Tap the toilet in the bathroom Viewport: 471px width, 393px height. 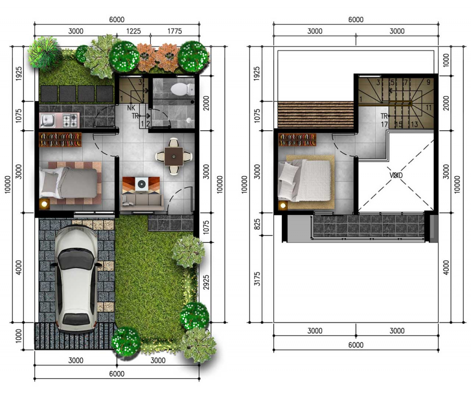182,89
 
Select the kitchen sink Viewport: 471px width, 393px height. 47,121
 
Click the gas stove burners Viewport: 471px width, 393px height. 71,120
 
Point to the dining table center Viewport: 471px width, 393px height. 173,156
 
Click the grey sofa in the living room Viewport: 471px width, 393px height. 142,200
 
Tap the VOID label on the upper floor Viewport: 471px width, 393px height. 396,175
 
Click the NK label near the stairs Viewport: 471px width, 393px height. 131,108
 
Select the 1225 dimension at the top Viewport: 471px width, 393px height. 133,31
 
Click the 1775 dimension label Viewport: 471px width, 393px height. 174,31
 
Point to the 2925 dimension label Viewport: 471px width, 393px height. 206,283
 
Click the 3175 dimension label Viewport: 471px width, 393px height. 258,279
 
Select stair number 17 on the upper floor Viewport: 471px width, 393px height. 384,124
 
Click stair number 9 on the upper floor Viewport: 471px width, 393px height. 428,82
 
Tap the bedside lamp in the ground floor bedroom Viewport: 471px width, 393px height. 45,204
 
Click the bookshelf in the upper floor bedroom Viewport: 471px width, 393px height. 298,140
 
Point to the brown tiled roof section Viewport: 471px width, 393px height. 316,114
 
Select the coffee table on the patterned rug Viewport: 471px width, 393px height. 141,184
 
